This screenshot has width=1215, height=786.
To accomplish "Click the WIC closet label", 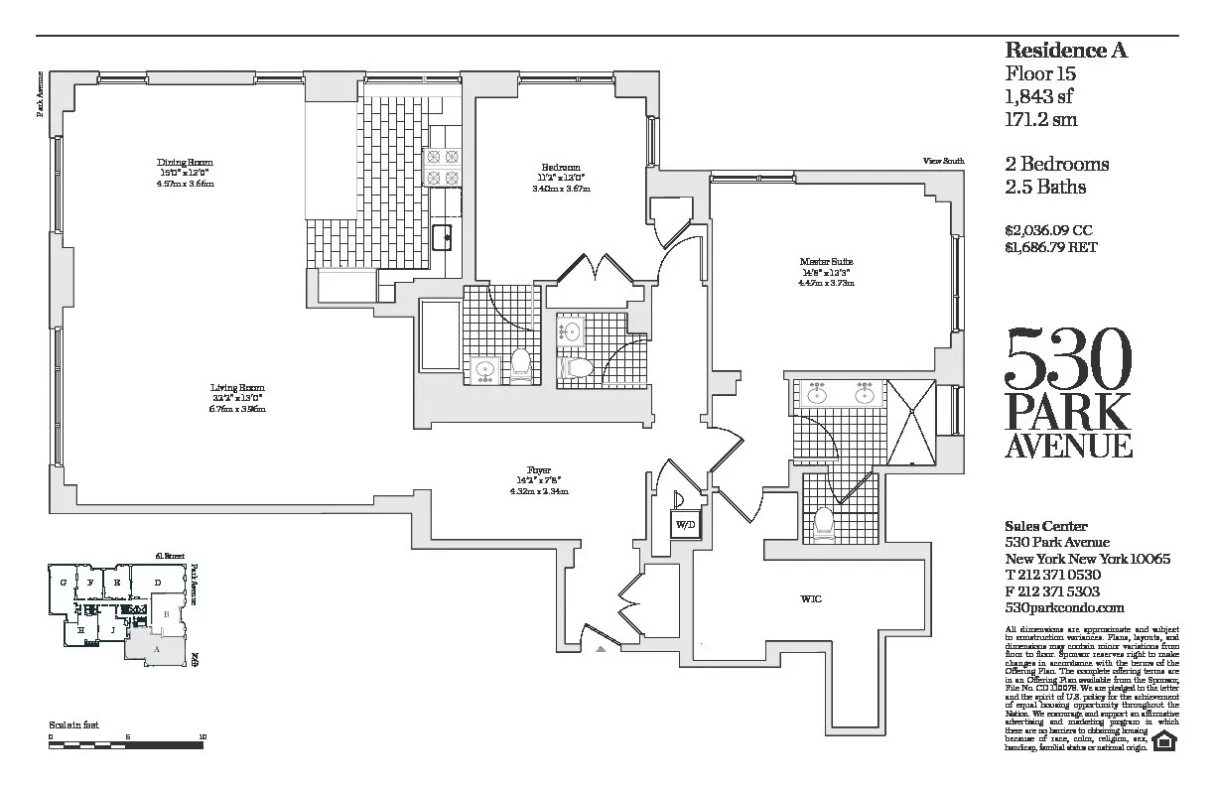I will click(x=810, y=598).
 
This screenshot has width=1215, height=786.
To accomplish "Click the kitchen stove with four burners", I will click(x=442, y=167).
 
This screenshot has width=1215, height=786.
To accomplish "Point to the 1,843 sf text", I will click(x=1040, y=96).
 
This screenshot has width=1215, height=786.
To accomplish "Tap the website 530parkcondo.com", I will click(x=1064, y=607).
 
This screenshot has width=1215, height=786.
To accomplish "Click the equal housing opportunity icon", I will click(x=1167, y=740).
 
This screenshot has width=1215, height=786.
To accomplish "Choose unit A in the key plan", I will click(x=156, y=648).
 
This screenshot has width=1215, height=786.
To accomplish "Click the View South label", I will click(x=942, y=161).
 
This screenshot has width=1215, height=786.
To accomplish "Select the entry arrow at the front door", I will click(x=600, y=649).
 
